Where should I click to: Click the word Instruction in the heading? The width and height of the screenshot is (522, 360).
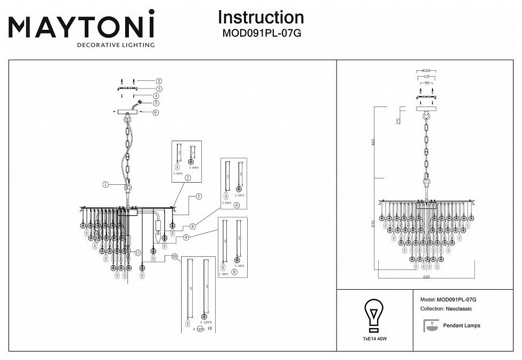261,18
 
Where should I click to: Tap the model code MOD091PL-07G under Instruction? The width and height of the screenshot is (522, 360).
261,33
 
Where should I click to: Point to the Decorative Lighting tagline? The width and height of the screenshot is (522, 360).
116,45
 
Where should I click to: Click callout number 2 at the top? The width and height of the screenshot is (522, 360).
159,81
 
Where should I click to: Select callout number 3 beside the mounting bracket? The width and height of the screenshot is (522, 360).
159,88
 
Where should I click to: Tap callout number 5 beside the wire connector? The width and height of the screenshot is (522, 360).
156,103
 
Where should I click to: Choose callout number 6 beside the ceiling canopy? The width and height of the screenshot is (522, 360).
156,112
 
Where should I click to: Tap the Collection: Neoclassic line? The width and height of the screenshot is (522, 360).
446,309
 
